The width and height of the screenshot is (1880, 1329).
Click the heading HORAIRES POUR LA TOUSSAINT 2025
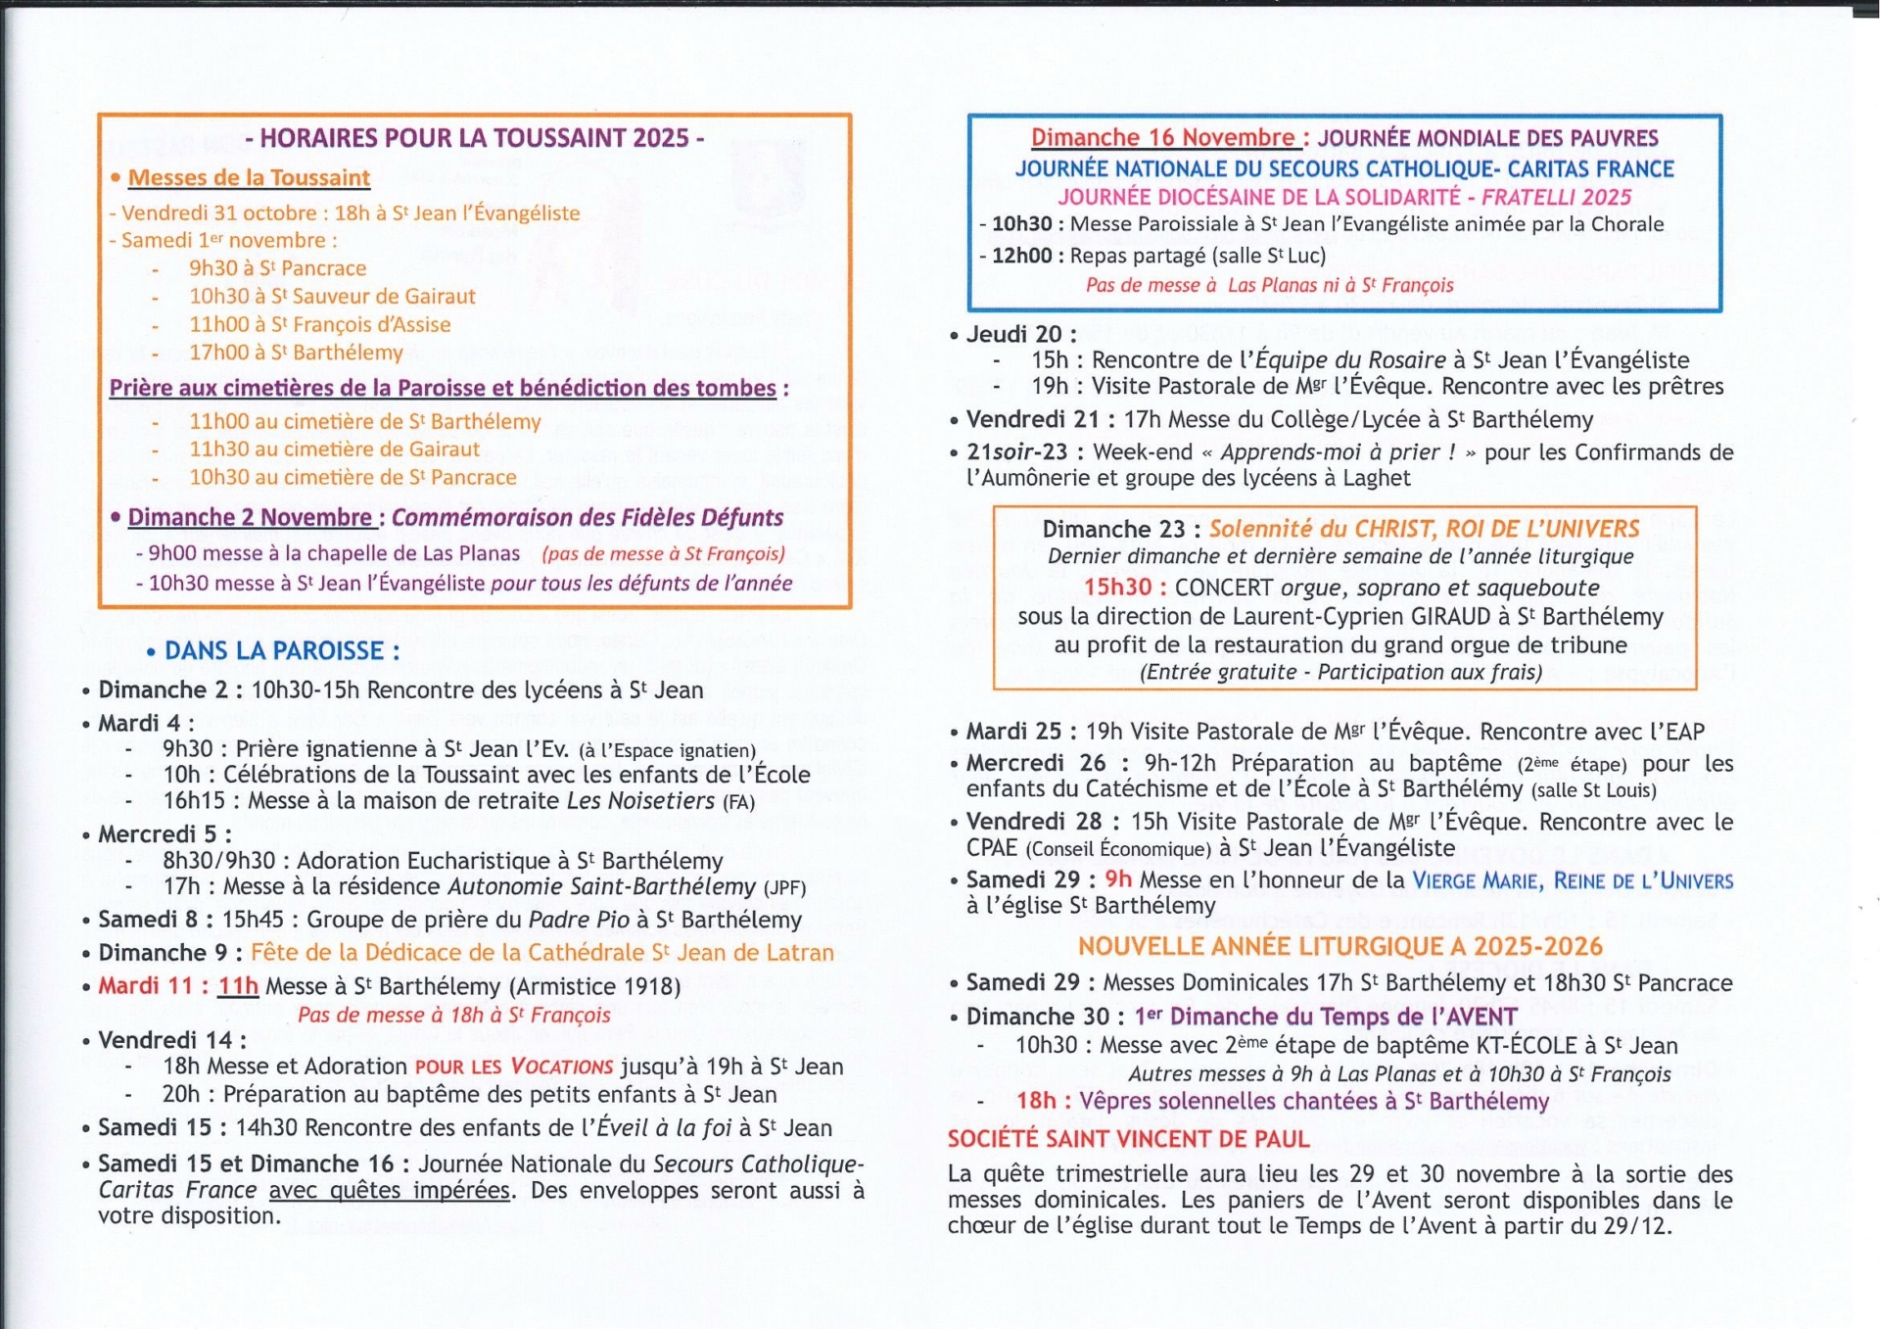[x=475, y=138]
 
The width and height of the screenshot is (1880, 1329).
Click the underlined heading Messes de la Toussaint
[x=249, y=178]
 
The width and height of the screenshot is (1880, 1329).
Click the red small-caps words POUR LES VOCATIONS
[x=514, y=1067]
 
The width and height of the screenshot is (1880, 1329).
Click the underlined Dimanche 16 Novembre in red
[x=1163, y=138]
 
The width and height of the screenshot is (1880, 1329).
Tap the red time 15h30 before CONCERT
[x=1117, y=588]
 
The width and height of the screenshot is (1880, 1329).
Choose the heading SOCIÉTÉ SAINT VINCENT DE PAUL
[x=1128, y=1139]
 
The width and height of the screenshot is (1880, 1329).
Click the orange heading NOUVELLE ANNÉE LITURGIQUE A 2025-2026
[x=1339, y=947]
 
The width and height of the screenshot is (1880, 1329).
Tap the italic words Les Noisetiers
[x=641, y=801]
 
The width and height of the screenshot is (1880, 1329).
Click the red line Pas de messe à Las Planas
[x=1269, y=285]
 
